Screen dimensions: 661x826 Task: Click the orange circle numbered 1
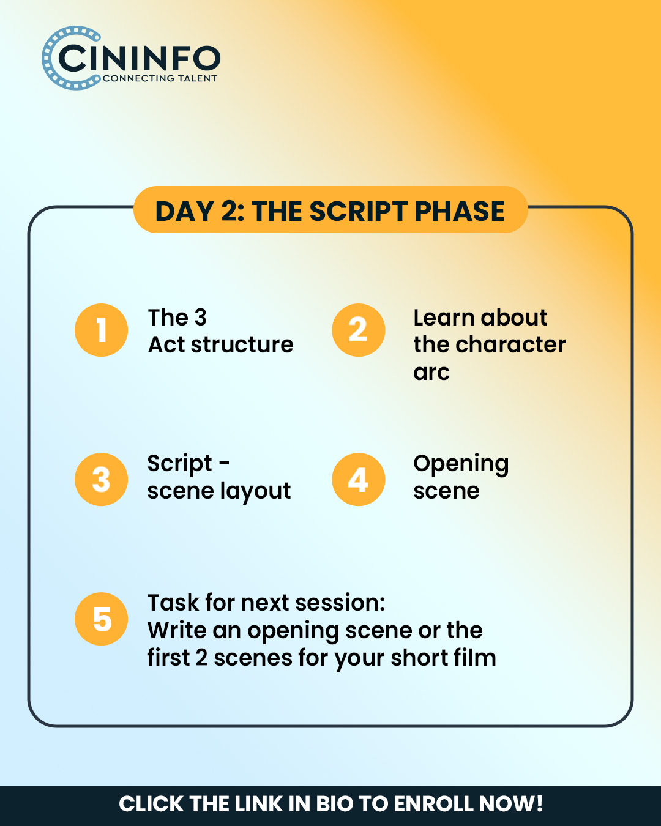click(x=101, y=330)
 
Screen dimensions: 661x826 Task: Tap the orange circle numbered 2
click(x=358, y=330)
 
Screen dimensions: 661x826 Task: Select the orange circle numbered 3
click(x=101, y=480)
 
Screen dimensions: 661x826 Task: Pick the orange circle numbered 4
click(x=358, y=480)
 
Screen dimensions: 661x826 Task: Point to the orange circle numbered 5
click(x=101, y=619)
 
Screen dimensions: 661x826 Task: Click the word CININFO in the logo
click(x=140, y=58)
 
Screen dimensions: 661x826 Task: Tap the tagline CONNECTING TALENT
click(x=160, y=78)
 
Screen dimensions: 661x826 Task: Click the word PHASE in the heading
click(x=460, y=211)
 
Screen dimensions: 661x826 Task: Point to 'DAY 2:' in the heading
click(x=200, y=211)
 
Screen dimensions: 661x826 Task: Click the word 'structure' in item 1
click(x=242, y=344)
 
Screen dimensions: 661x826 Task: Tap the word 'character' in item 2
click(x=511, y=344)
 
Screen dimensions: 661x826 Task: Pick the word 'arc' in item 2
click(x=431, y=373)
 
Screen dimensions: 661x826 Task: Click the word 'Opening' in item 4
click(x=461, y=464)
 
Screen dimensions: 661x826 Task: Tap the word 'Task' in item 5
click(x=173, y=603)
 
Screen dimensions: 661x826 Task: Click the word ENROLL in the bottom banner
click(x=433, y=804)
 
